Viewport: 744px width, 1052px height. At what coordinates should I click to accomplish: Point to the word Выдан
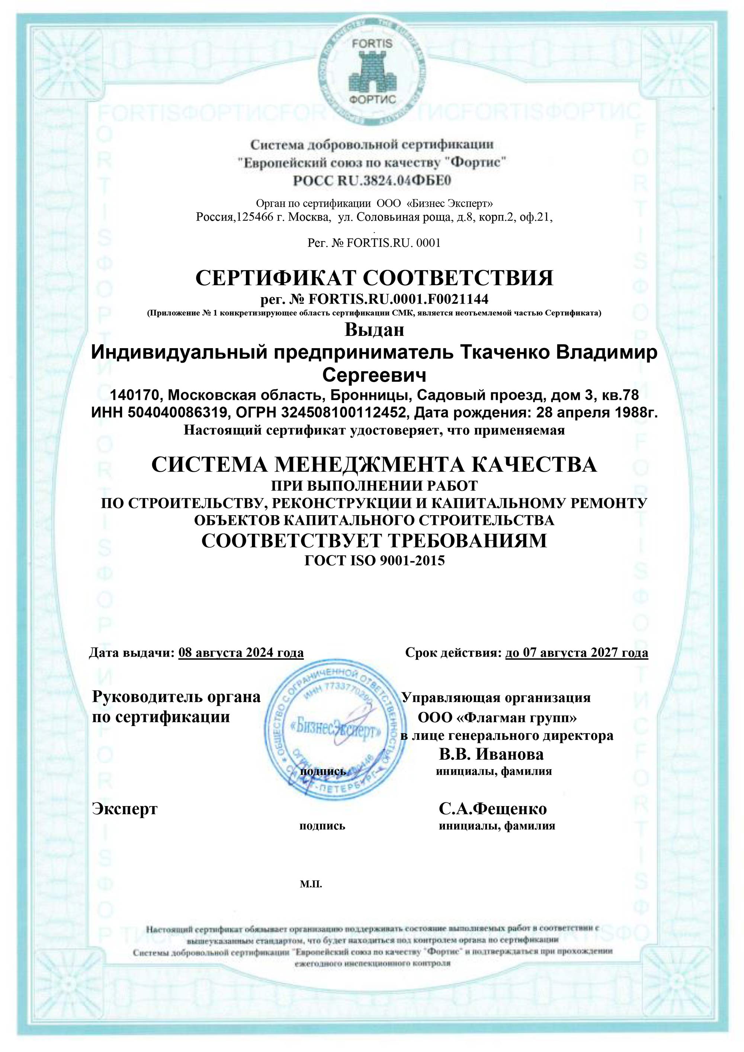coord(374,330)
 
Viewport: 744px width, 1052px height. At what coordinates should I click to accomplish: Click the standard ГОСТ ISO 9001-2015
coord(374,560)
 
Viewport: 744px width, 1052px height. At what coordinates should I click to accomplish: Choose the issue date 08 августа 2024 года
coord(241,652)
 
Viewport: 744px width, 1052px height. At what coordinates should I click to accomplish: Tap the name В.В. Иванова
coord(491,754)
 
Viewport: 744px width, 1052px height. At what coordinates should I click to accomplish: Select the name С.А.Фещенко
coord(493,809)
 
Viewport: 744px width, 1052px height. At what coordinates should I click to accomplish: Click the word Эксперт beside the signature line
coord(125,808)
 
